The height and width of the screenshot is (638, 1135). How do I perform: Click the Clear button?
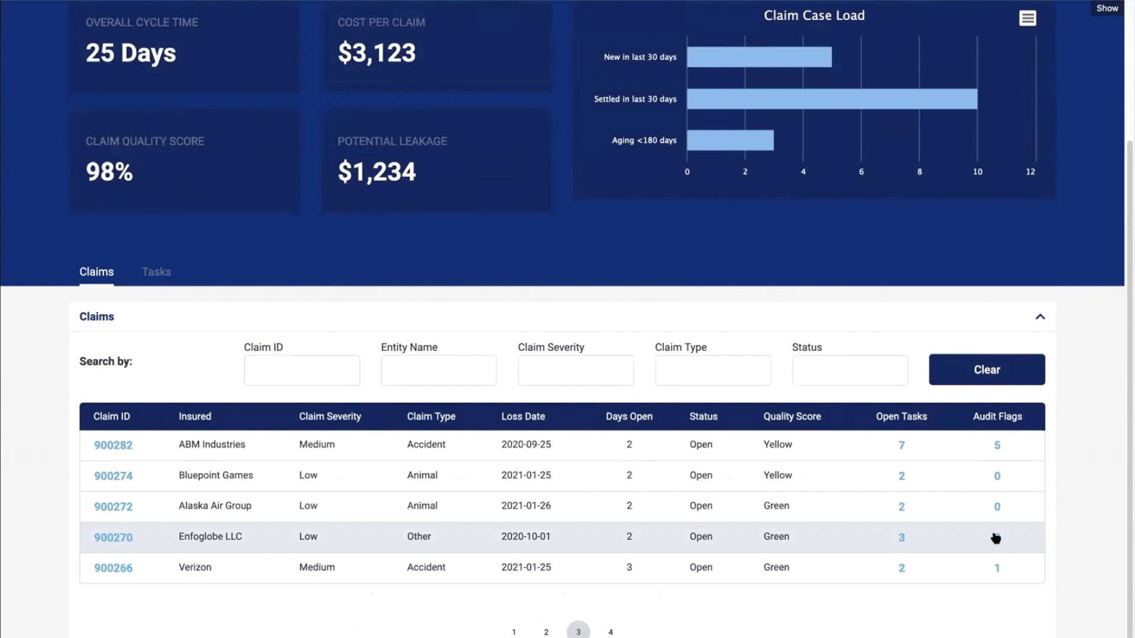pos(987,370)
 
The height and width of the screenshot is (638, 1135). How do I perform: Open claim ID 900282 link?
pos(113,445)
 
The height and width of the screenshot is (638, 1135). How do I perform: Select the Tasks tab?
pos(156,272)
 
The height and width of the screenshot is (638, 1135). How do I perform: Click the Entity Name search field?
pos(439,370)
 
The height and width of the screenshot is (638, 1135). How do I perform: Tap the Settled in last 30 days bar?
pos(832,99)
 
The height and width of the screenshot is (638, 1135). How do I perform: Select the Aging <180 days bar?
pos(730,141)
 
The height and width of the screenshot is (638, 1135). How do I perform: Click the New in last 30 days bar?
pos(759,57)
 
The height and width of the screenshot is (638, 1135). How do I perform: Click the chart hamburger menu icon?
pos(1027,18)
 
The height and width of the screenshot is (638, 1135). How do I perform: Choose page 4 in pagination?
pos(611,632)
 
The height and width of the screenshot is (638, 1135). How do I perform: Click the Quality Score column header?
pos(792,416)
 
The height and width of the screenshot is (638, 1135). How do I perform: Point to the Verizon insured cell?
pos(195,567)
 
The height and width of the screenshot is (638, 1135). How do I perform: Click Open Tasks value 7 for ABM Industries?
pos(901,445)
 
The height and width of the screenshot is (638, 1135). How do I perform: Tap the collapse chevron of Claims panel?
pos(1040,317)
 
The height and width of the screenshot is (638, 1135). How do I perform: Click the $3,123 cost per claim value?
pos(377,53)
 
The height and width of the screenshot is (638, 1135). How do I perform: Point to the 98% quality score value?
pos(109,172)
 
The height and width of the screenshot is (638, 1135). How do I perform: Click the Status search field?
pos(849,370)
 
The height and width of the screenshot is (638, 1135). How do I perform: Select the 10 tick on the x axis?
pos(977,172)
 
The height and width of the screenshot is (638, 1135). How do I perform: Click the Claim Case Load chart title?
pos(814,16)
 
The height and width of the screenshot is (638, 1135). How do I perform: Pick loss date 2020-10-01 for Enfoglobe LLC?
pos(526,536)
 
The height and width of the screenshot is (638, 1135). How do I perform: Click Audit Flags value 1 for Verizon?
pos(997,568)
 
